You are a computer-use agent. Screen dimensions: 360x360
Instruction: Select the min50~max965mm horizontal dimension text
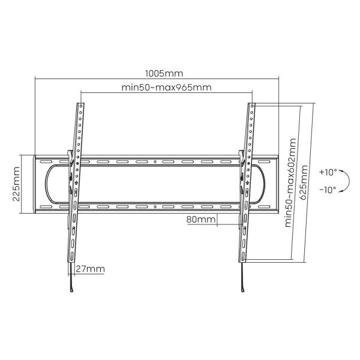166,88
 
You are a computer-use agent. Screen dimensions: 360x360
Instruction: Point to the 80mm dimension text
200,219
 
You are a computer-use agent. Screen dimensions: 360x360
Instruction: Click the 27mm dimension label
90,269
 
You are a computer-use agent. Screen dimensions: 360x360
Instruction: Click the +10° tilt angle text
328,172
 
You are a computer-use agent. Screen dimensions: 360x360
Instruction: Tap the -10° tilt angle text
328,190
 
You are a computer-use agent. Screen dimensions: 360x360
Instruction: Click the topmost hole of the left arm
80,107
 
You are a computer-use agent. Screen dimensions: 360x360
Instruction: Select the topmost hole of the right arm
253,107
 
